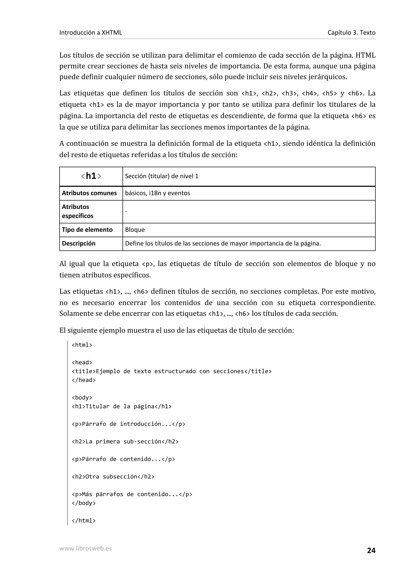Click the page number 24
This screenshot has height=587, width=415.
point(371,550)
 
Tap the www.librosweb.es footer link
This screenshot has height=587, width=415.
point(85,548)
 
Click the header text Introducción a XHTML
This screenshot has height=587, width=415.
point(91,32)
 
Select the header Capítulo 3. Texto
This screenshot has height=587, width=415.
point(351,32)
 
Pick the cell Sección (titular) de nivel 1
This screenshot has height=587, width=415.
point(162,176)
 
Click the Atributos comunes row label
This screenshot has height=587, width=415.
point(89,193)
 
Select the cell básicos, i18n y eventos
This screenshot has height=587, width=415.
point(157,193)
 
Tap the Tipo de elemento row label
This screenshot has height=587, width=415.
point(87,229)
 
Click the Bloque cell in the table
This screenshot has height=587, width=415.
point(135,229)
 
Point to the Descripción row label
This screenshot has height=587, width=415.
point(78,243)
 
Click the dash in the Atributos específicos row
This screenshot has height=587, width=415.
point(126,211)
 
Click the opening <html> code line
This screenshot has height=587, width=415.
point(82,345)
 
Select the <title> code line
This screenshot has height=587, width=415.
point(172,371)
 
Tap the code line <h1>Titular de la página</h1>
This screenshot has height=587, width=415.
point(122,406)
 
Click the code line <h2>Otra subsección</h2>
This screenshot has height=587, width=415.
point(113,477)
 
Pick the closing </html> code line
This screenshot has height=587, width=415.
point(84,521)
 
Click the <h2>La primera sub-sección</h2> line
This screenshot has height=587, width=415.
point(125,442)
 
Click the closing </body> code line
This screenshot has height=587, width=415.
point(84,503)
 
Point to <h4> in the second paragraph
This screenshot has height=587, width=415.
point(310,93)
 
